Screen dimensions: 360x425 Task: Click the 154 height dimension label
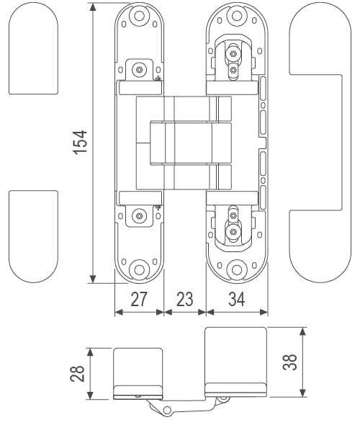click(81, 143)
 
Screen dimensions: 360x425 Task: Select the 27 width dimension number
click(139, 299)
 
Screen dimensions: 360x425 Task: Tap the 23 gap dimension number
click(185, 299)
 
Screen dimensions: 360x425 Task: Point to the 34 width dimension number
click(237, 299)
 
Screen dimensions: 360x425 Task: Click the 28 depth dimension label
click(77, 374)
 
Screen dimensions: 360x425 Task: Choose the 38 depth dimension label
click(289, 362)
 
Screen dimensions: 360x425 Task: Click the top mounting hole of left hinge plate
click(139, 16)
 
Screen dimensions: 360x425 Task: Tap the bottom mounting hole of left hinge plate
click(139, 269)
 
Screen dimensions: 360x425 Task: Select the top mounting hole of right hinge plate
click(237, 16)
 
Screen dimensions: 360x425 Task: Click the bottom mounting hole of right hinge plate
click(237, 269)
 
